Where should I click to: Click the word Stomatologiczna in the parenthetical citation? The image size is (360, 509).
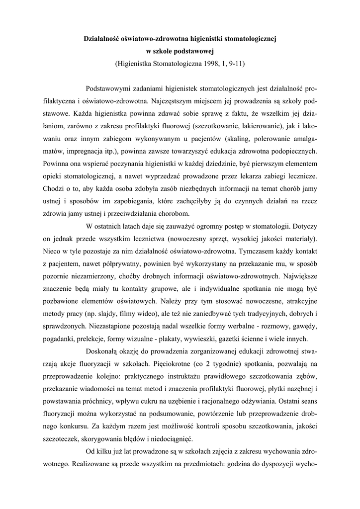[176, 64]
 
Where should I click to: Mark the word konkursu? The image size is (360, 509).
[69, 426]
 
